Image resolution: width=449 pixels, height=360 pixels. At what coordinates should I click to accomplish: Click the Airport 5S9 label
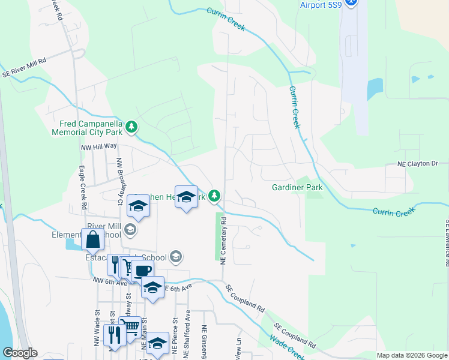pos(321,5)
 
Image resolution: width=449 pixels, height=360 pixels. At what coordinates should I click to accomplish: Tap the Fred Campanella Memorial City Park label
pos(86,127)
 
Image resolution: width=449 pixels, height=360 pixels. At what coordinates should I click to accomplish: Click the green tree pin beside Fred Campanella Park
pos(131,127)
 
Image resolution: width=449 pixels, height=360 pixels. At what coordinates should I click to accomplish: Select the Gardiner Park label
pos(297,187)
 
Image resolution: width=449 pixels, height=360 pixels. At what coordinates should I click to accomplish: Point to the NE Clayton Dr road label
pos(418,163)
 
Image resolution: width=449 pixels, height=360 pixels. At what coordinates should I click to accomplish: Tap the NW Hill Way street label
pos(99,146)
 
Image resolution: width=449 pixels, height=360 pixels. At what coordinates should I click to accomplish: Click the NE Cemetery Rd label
pos(223,241)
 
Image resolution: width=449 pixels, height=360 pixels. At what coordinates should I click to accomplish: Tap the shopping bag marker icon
pos(92,240)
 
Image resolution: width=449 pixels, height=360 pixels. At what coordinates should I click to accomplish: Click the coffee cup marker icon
pos(143,271)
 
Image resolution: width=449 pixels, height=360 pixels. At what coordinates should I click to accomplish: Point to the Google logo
pos(20,353)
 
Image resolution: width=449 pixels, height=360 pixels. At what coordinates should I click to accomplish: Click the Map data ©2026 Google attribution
pos(411,355)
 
